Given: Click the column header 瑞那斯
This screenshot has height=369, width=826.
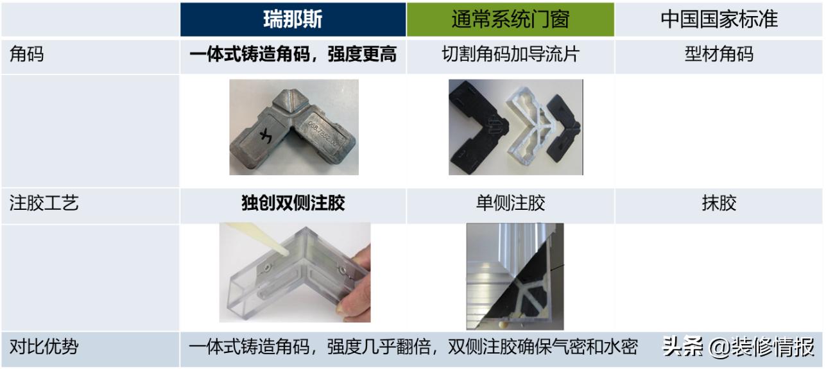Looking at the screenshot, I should click(x=293, y=19).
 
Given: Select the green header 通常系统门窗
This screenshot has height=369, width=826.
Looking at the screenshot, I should click(x=510, y=19).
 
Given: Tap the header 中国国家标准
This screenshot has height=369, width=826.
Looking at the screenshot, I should click(x=719, y=19).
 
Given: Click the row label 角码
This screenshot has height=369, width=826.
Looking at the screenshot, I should click(x=27, y=55).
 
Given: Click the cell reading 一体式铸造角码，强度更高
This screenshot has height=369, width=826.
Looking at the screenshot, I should click(x=293, y=55).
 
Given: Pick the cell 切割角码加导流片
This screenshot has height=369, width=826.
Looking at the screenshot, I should click(x=510, y=55).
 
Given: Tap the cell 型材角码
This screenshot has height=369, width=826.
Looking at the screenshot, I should click(x=719, y=55).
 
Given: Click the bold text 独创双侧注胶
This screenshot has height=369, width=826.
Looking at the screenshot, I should click(x=293, y=204).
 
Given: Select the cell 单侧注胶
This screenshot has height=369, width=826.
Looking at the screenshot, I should click(x=510, y=204).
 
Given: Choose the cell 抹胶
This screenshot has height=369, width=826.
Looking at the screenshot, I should click(x=719, y=204).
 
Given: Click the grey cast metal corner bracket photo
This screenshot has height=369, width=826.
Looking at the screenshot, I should click(x=293, y=127).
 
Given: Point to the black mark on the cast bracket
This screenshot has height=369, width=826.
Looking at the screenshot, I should click(x=265, y=135).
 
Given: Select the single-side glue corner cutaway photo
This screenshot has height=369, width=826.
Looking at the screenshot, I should click(x=515, y=276).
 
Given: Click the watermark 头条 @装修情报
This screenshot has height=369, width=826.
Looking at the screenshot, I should click(x=738, y=347).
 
